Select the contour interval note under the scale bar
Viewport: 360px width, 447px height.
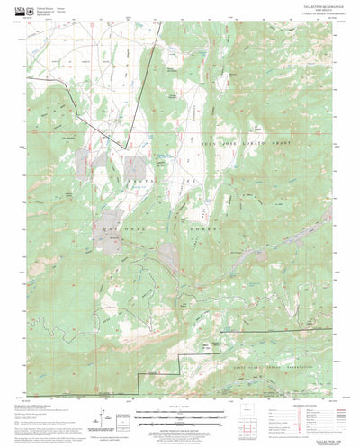180,412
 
